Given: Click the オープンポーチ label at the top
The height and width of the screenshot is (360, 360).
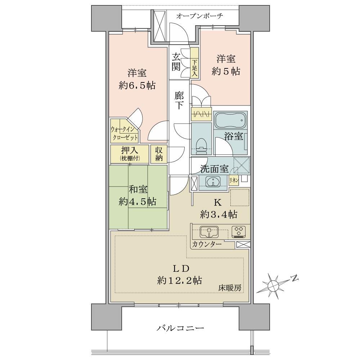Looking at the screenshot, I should [x=200, y=16].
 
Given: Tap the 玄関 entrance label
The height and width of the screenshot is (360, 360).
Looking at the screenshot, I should [x=176, y=62].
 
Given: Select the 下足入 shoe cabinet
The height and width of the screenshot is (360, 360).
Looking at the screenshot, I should [x=194, y=63].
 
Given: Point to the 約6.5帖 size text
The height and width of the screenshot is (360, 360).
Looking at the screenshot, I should [x=137, y=86].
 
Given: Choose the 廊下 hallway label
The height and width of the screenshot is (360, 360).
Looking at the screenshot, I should [x=179, y=100].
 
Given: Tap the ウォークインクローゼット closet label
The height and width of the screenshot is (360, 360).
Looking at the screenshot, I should [x=124, y=133].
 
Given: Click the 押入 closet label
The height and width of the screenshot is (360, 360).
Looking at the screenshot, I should [x=129, y=150].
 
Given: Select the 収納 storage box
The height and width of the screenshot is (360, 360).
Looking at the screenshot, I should [x=159, y=154].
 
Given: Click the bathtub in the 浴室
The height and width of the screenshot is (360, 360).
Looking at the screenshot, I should [x=230, y=120].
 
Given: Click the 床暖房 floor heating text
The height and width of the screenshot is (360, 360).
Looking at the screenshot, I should [x=229, y=288].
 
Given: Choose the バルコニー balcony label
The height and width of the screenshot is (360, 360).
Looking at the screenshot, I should [x=180, y=328].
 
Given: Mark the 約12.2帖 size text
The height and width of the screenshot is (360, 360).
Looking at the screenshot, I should [x=179, y=280].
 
